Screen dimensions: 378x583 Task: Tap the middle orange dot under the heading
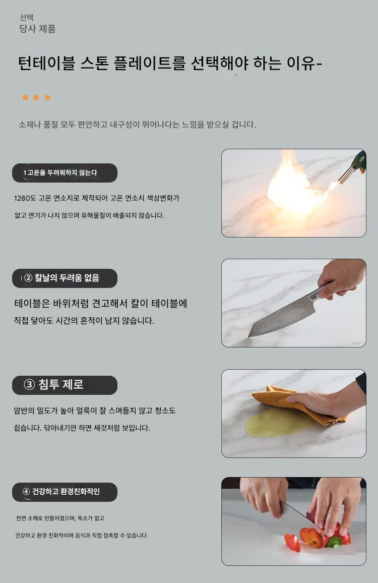[36, 97]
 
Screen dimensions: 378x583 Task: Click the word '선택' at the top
[27, 18]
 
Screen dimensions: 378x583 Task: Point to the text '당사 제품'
[37, 29]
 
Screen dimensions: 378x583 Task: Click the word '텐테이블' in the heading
[46, 63]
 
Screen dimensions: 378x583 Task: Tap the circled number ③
[29, 385]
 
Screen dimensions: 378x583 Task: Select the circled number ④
[26, 492]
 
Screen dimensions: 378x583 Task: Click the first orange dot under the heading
[25, 97]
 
